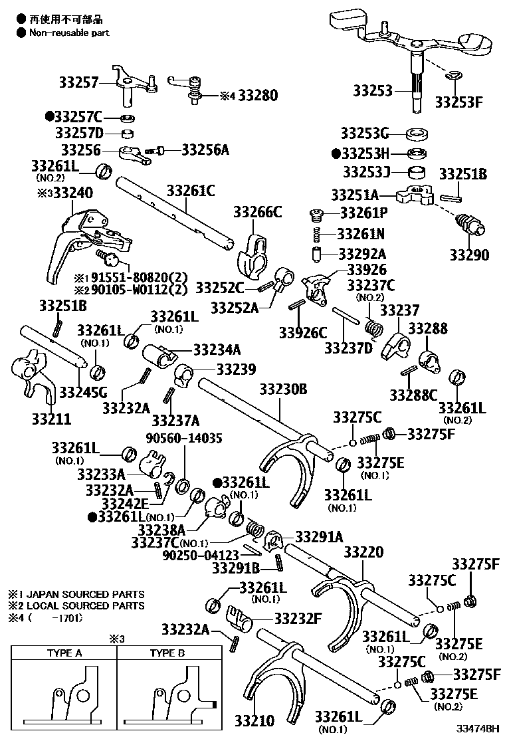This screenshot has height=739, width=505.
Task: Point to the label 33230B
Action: pyautogui.click(x=283, y=389)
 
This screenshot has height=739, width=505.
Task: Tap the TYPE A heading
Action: pyautogui.click(x=64, y=653)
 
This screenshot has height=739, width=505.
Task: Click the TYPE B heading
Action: pyautogui.click(x=167, y=653)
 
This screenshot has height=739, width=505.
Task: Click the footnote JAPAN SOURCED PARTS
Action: pyautogui.click(x=84, y=594)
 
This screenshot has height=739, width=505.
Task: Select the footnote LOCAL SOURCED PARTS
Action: pyautogui.click(x=84, y=606)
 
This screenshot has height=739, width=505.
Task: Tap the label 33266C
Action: pyautogui.click(x=257, y=212)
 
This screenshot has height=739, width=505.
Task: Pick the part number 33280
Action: pyautogui.click(x=258, y=95)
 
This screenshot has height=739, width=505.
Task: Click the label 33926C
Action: pyautogui.click(x=303, y=332)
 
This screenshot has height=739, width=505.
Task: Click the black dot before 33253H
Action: pyautogui.click(x=336, y=152)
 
